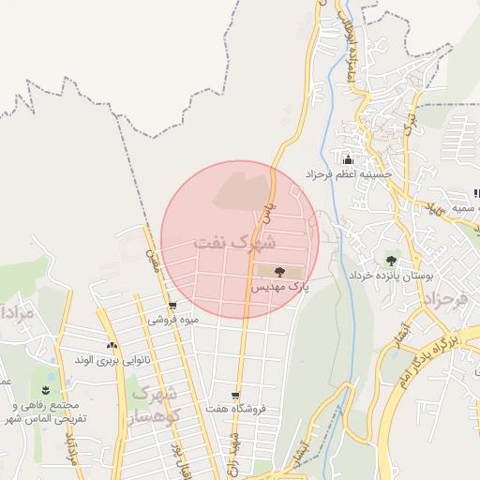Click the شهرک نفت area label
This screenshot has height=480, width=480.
(235, 243)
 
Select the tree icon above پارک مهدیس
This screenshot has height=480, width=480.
(279, 271)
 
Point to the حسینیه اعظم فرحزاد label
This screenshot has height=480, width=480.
(353, 174)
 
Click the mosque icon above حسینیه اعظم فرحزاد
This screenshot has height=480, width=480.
(348, 160)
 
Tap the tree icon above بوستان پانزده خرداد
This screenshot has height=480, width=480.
(390, 260)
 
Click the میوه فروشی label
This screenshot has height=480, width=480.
(173, 321)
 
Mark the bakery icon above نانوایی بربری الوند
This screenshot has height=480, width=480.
(112, 345)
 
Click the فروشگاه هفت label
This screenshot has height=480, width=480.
(234, 410)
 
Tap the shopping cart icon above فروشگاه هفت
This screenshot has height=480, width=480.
(234, 396)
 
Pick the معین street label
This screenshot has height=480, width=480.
(149, 245)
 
